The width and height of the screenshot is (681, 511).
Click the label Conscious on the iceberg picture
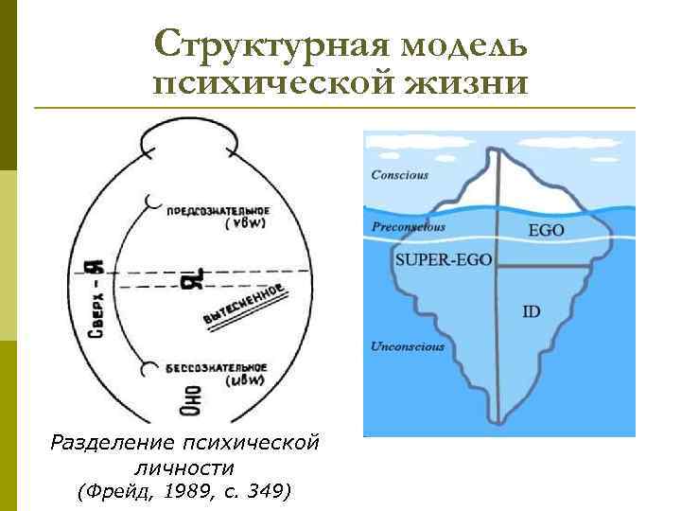399,174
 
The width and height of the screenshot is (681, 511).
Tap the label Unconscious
408,346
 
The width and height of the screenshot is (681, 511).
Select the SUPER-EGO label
442,258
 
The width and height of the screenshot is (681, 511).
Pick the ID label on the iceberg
531,310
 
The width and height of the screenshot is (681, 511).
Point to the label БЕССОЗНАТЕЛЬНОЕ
219,367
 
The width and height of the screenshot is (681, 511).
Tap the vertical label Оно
190,402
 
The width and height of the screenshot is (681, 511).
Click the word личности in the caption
184,467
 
